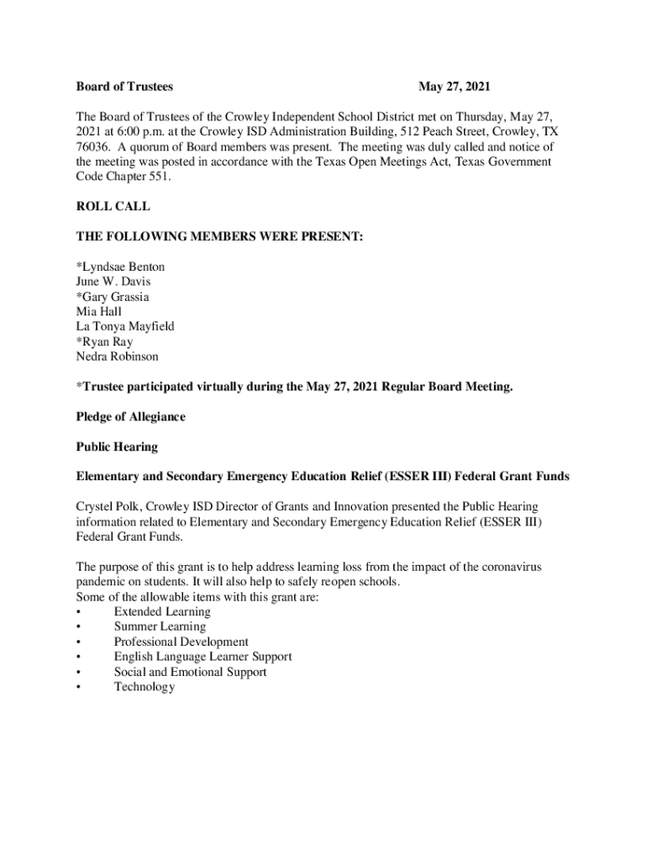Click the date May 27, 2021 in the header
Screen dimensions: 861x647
coord(454,87)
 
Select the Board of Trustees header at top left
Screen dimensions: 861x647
coord(124,87)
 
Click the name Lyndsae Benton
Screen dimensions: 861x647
coord(121,267)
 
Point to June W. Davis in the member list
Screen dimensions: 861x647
coord(113,282)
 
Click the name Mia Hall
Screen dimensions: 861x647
coord(98,312)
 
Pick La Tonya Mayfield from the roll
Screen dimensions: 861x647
coord(125,326)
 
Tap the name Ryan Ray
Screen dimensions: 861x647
coord(104,341)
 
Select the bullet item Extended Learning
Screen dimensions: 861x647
coord(162,612)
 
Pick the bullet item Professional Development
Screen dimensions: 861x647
coord(181,642)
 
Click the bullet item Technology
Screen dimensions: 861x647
coord(145,687)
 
